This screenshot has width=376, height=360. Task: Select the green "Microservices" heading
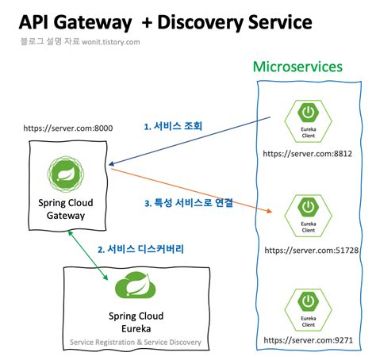297,67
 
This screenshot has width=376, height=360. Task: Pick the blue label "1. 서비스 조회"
173,125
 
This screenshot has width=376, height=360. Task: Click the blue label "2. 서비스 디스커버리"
140,249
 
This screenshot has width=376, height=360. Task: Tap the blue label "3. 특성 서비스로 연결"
188,202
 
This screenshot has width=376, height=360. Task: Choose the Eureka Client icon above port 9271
305,308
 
